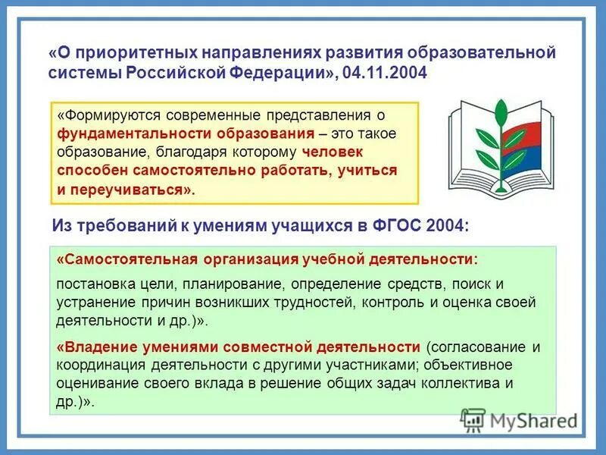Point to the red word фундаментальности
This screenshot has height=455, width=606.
[x=114, y=133]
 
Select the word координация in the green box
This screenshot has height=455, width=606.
[x=95, y=366]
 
